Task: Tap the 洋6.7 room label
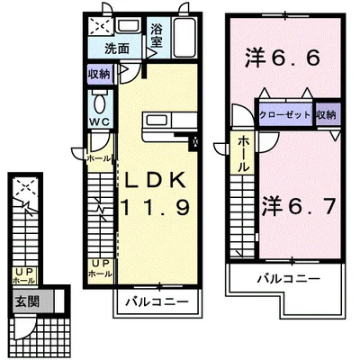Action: pyautogui.click(x=299, y=205)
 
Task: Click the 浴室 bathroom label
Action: pyautogui.click(x=157, y=35)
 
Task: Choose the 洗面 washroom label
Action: pyautogui.click(x=116, y=49)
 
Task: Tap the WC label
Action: pyautogui.click(x=99, y=122)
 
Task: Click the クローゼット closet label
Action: pyautogui.click(x=284, y=114)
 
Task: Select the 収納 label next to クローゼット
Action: pyautogui.click(x=327, y=114)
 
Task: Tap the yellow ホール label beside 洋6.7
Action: pyautogui.click(x=243, y=154)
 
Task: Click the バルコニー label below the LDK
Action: pyautogui.click(x=156, y=297)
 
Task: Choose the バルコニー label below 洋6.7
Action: pyautogui.click(x=288, y=280)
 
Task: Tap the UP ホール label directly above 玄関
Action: pyautogui.click(x=23, y=274)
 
